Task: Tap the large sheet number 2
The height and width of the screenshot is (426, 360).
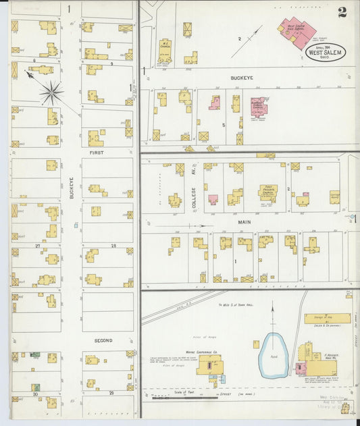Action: [x=343, y=11]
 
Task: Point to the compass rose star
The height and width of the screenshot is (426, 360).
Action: [x=51, y=91]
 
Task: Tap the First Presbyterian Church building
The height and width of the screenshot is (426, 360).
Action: [x=267, y=194]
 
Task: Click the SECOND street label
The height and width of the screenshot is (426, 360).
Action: [x=103, y=340]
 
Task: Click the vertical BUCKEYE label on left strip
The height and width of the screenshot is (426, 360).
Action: [x=71, y=187]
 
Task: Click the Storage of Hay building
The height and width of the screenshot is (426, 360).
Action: [x=327, y=319]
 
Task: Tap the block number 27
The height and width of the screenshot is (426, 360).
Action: [x=38, y=246]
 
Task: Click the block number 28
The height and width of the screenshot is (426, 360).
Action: [x=113, y=246]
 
